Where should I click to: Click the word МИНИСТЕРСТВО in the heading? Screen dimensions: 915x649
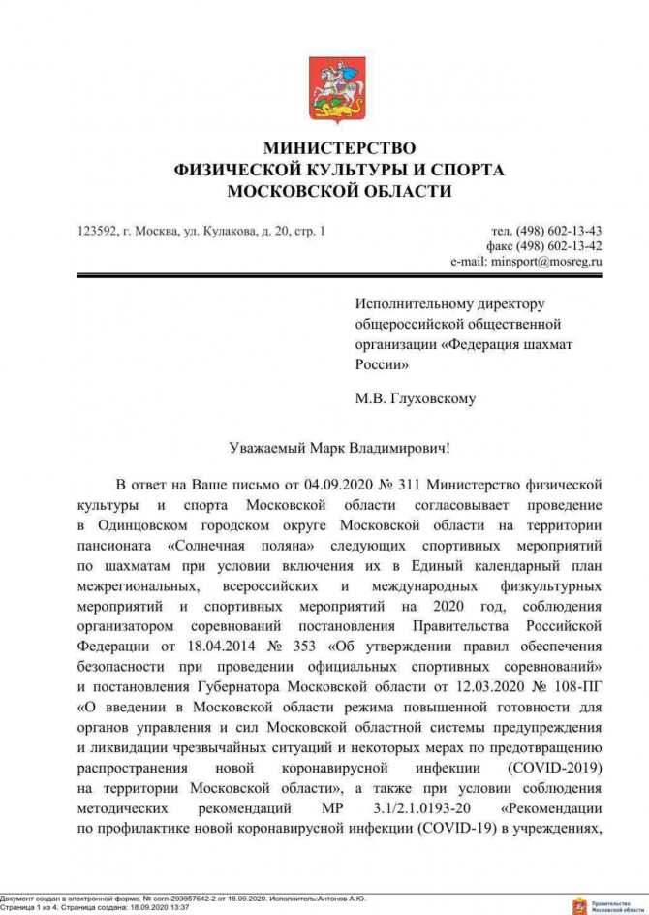click(x=339, y=147)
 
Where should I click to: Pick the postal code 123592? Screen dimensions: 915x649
click(x=97, y=231)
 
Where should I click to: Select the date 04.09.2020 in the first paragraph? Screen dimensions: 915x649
click(x=324, y=484)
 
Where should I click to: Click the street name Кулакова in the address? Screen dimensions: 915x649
click(x=227, y=231)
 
